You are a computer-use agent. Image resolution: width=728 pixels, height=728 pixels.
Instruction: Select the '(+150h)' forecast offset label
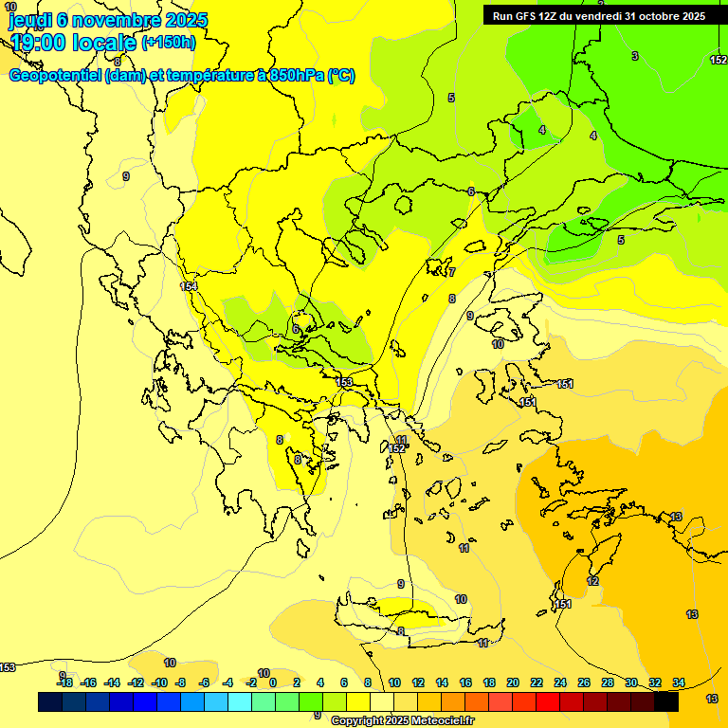click(169, 42)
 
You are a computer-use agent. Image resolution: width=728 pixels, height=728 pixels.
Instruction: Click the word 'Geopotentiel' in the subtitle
click(55, 76)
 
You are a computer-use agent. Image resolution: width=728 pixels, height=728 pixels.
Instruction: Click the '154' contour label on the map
click(188, 286)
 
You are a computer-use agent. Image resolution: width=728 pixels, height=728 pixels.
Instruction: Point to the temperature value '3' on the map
click(635, 56)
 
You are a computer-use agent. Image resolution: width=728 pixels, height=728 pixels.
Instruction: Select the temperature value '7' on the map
click(452, 272)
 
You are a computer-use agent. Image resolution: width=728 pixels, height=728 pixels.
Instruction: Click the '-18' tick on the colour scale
click(64, 682)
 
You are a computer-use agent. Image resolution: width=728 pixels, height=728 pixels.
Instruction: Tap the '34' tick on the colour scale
click(679, 682)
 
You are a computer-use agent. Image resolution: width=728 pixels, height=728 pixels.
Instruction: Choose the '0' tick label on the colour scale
click(273, 682)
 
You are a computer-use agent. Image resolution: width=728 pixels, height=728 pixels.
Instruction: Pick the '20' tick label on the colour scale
click(513, 682)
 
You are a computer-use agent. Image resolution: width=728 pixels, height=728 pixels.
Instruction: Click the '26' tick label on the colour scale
click(584, 682)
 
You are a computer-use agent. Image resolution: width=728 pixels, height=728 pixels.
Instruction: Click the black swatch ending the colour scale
click(666, 702)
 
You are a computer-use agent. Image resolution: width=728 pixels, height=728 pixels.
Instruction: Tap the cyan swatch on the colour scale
click(240, 702)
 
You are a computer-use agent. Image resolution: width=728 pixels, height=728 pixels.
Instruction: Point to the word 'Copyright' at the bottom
click(358, 721)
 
